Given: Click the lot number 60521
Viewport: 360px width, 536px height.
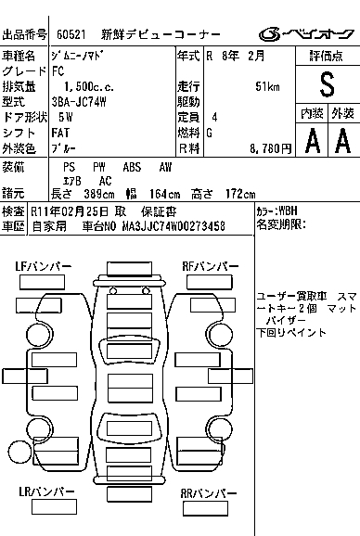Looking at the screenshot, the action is [71, 34].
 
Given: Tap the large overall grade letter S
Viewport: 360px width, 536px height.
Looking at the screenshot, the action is [327, 84].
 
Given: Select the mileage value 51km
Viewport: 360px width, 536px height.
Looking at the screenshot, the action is [267, 86].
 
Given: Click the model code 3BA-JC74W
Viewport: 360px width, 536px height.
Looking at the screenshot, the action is [79, 102].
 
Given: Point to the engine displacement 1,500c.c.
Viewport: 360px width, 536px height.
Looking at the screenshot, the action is [89, 86].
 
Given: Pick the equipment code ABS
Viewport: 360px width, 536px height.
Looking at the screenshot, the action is [132, 167].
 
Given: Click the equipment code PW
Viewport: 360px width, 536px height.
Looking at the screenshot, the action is [99, 167].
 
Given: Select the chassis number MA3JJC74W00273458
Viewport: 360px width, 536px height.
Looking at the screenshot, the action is [174, 226].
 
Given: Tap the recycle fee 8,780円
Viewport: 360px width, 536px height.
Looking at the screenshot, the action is [270, 148].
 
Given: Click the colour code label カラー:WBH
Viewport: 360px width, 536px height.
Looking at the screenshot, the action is [276, 211].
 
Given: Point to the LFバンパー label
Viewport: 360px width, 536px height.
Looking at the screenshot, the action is [43, 266].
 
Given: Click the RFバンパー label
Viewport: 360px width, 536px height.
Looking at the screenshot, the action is [211, 266].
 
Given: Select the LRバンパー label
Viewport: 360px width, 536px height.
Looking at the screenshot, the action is [46, 491].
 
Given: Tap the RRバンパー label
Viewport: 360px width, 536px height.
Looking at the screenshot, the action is [209, 493].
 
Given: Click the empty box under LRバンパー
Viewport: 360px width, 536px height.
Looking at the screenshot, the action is [54, 506].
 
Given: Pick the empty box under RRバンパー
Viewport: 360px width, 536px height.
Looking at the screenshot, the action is [205, 508].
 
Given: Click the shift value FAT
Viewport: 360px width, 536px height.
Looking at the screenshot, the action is [60, 133].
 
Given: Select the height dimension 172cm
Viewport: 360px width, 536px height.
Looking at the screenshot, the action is [240, 194].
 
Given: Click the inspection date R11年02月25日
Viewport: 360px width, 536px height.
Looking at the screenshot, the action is [70, 211].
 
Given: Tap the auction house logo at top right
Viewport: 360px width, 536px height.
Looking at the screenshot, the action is [306, 34].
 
